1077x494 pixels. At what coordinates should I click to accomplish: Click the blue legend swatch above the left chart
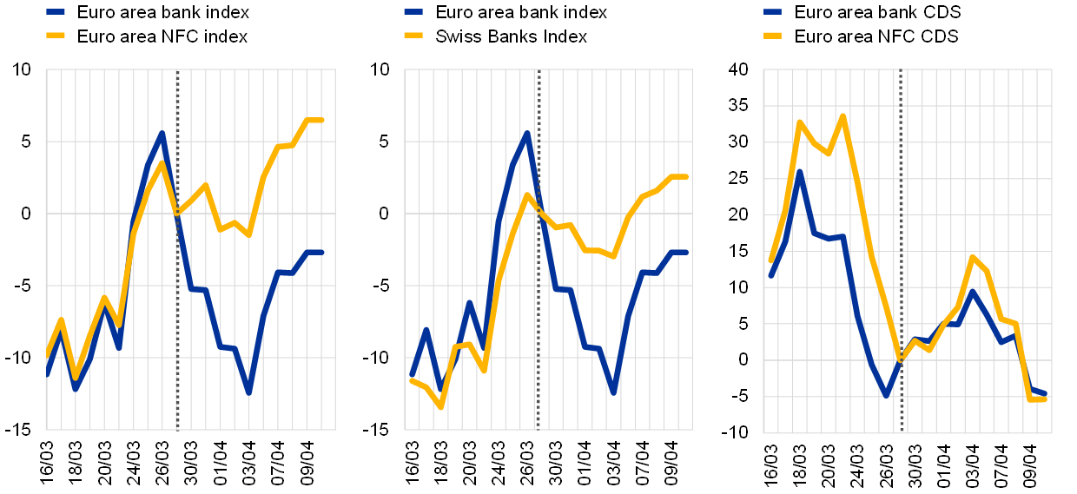(56, 12)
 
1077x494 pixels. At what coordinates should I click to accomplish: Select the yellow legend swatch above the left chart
(56, 35)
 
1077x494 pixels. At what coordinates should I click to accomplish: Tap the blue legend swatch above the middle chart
(413, 12)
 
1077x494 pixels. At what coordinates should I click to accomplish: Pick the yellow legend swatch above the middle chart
(413, 35)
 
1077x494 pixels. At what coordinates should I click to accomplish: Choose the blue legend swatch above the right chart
(772, 12)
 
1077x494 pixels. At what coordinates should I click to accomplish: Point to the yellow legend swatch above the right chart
(772, 36)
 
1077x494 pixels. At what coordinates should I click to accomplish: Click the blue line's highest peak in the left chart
(162, 134)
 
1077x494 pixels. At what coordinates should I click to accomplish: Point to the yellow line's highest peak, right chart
(842, 116)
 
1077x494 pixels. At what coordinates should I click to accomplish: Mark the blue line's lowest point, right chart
(886, 394)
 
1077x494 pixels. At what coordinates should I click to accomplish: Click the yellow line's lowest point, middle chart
(441, 406)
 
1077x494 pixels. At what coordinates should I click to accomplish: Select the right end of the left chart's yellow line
(321, 120)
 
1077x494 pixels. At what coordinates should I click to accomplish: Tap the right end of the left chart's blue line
(321, 252)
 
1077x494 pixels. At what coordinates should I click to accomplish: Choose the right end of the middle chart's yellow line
(685, 176)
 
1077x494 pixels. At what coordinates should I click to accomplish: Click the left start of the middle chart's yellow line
(412, 380)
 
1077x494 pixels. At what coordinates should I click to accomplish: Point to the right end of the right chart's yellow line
(1043, 398)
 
